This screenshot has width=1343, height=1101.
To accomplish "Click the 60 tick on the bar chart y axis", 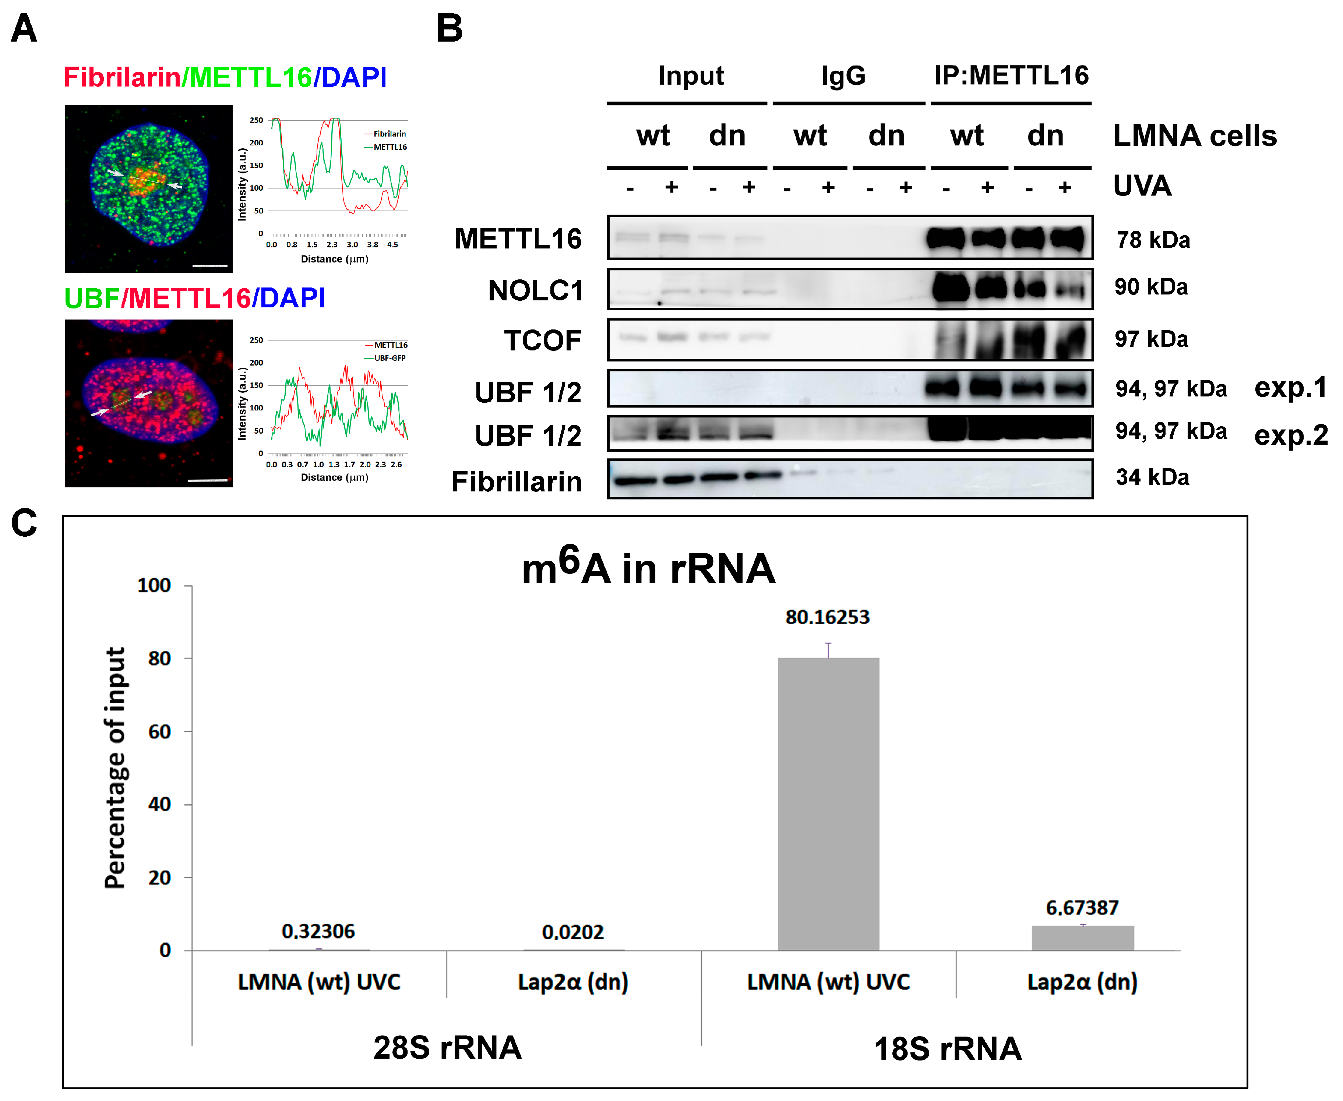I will [x=159, y=731].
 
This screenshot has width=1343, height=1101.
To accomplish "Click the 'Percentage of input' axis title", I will [x=116, y=767].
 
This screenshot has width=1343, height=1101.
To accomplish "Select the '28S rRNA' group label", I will [x=447, y=1047].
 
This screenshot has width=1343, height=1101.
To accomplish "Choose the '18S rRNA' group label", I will [x=948, y=1048].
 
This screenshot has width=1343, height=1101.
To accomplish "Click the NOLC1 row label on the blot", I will [x=535, y=290].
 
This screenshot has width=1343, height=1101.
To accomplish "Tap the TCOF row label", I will [x=542, y=340].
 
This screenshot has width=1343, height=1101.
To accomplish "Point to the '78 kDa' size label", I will [x=1153, y=240].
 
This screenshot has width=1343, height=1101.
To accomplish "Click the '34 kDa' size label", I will [x=1152, y=477].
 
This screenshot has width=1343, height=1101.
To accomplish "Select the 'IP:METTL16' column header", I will [x=1011, y=75].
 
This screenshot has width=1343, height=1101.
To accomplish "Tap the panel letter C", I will [x=24, y=523].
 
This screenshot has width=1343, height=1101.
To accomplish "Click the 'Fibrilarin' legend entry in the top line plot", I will [x=389, y=134].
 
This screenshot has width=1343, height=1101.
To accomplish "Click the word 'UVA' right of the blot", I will [x=1142, y=186].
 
